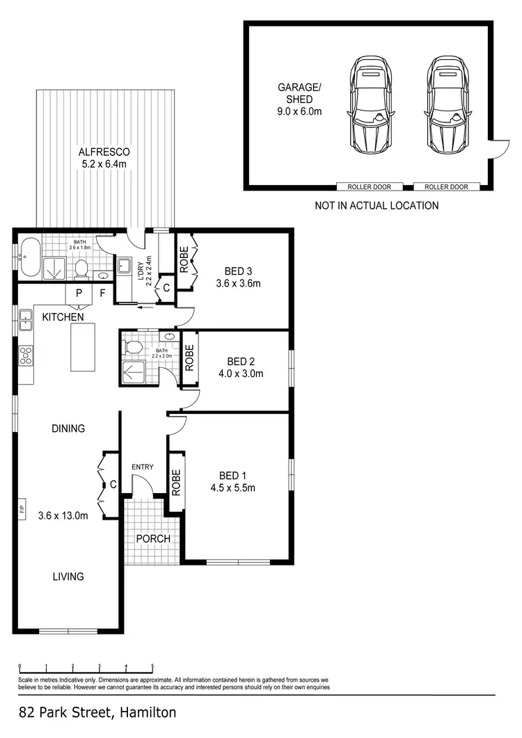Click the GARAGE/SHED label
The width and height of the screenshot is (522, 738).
[x=299, y=99]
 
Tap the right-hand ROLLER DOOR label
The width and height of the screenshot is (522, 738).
[x=446, y=186]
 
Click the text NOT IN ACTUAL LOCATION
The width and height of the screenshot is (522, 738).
[x=377, y=205]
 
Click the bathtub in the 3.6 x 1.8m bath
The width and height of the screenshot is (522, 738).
[x=29, y=258]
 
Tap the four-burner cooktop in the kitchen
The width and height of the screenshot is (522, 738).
[x=25, y=355]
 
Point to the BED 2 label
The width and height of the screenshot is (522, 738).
[x=241, y=361]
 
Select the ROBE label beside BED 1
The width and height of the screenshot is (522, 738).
[x=176, y=481]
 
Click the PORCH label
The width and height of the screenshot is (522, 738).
[x=153, y=538]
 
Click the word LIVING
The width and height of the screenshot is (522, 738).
[x=68, y=576]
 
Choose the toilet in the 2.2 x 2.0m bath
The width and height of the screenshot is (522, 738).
[x=134, y=346]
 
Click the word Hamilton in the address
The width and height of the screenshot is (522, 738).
[x=148, y=712]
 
